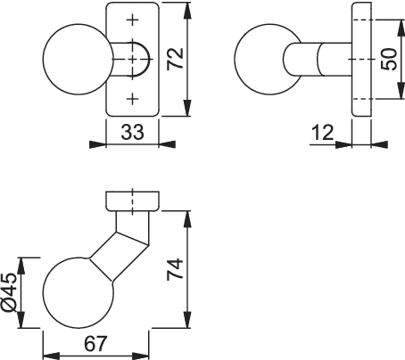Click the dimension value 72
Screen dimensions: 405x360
point(175,59)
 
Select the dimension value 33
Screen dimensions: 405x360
point(132,132)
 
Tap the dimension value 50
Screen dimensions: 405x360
point(389,60)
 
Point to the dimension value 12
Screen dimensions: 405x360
point(323,133)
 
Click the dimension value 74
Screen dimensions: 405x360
point(175,269)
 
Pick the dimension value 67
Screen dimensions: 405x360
point(95,343)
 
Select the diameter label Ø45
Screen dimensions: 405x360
point(10,292)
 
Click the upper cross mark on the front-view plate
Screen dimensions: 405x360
point(133,20)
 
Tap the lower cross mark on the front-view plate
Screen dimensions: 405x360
point(133,99)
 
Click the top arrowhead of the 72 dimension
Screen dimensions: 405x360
point(186,11)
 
